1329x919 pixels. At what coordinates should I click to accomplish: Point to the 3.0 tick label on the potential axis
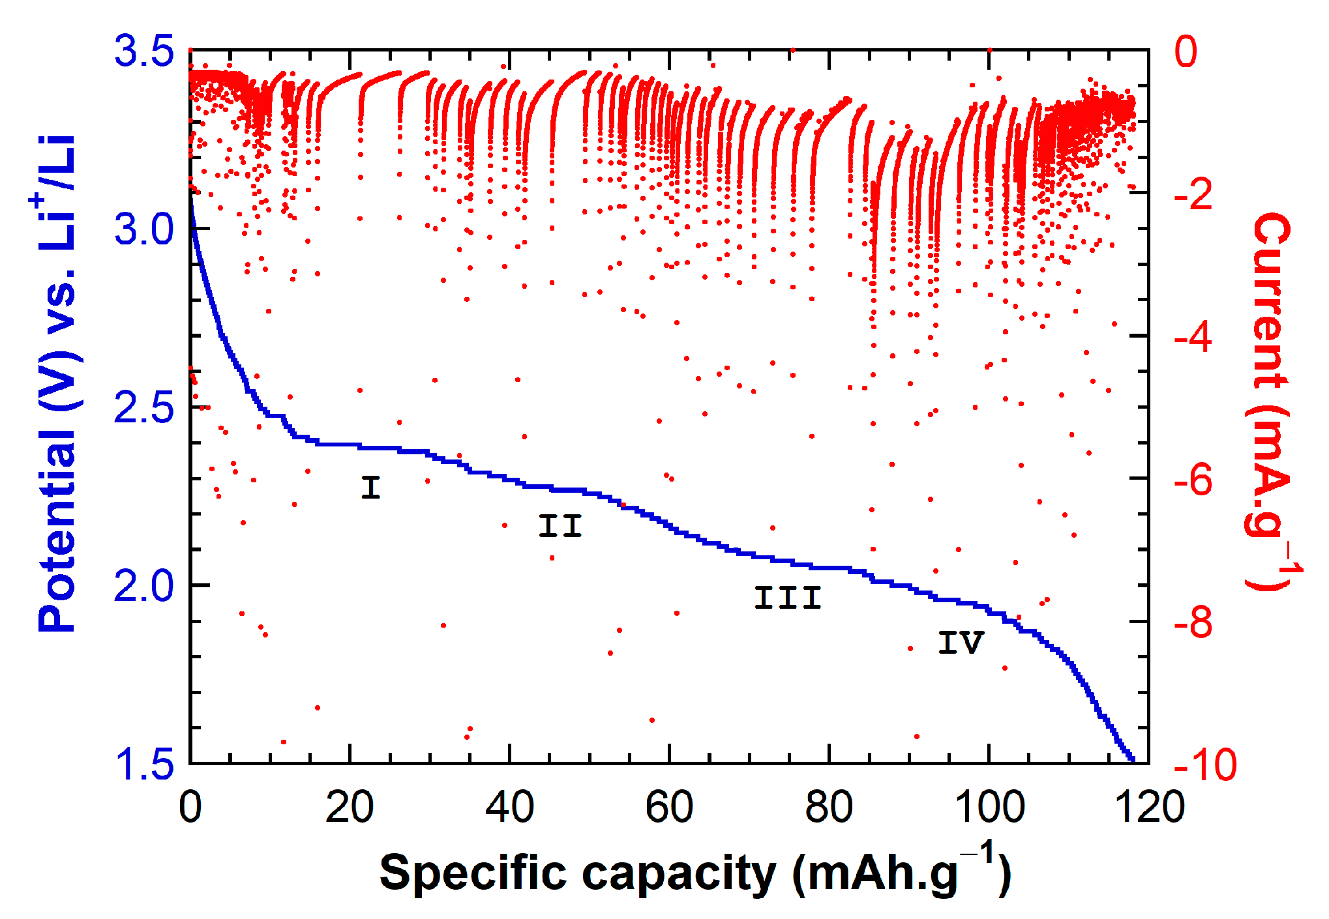click(144, 229)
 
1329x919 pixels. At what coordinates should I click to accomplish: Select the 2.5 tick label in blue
click(144, 408)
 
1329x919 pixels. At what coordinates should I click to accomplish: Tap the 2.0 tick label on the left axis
click(144, 586)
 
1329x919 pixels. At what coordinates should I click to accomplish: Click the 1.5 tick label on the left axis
click(144, 764)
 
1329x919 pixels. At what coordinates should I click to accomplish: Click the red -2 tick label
click(1193, 194)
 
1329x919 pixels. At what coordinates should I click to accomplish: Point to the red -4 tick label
click(1193, 337)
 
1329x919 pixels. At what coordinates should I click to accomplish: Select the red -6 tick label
click(1193, 480)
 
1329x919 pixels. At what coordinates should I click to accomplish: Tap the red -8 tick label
click(1193, 622)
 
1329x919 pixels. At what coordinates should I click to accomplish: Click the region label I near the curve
click(370, 487)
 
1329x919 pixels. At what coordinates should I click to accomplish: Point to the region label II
click(560, 526)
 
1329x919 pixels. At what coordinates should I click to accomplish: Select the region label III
click(787, 598)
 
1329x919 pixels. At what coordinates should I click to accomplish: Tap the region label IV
click(960, 643)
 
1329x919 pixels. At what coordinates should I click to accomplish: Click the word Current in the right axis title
click(1272, 300)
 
